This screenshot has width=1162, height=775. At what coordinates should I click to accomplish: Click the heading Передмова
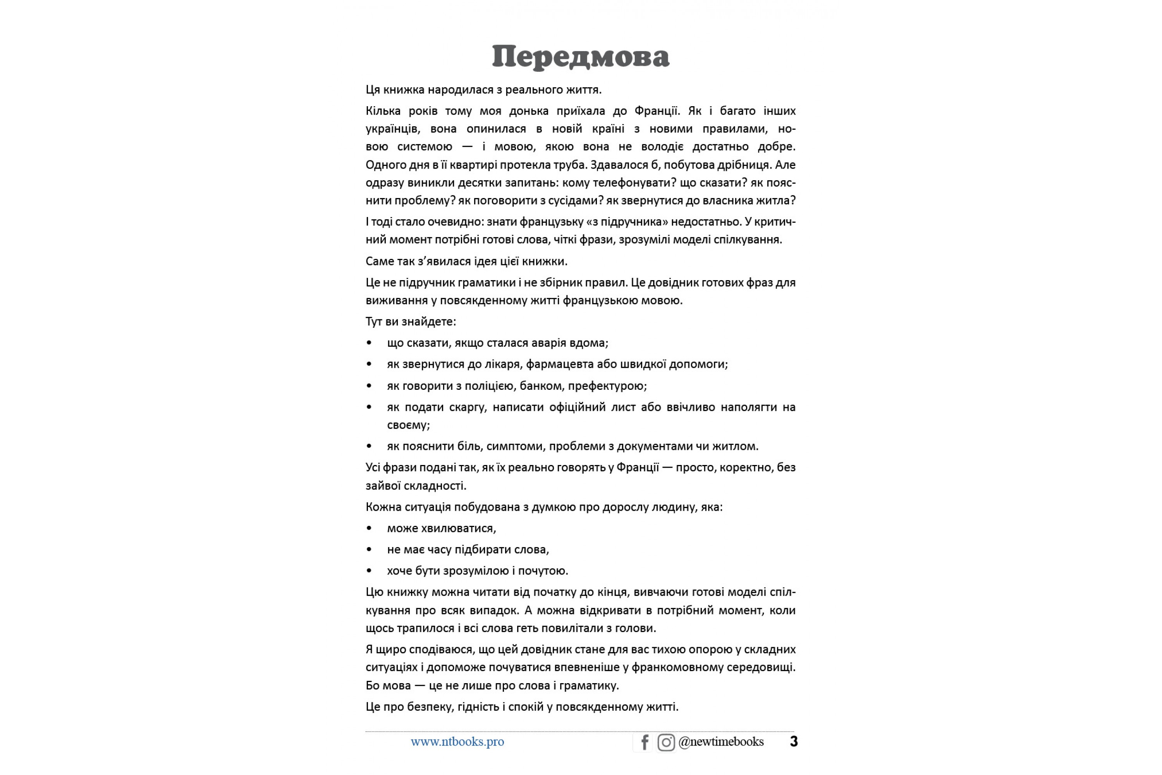[581, 56]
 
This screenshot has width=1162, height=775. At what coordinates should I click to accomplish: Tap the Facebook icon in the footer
[644, 742]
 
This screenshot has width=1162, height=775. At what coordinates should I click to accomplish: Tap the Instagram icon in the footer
[666, 742]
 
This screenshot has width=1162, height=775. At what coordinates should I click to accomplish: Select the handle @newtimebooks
[721, 741]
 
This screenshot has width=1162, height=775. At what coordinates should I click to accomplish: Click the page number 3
[793, 741]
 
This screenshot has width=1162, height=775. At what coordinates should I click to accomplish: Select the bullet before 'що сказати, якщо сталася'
[369, 343]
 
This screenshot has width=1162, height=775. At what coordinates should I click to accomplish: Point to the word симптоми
[515, 446]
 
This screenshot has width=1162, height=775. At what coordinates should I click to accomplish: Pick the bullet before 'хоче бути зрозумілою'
[369, 571]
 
